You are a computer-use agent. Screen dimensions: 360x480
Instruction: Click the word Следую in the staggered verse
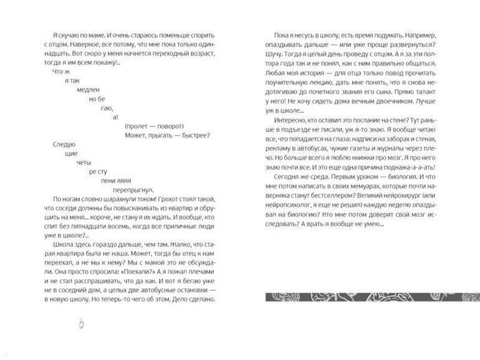[x=57, y=144]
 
